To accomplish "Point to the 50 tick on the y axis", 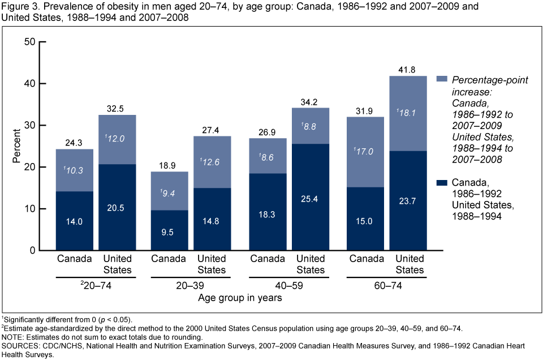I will (x=30, y=42).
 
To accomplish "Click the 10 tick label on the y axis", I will (x=30, y=209).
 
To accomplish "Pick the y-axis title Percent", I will (x=16, y=146).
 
